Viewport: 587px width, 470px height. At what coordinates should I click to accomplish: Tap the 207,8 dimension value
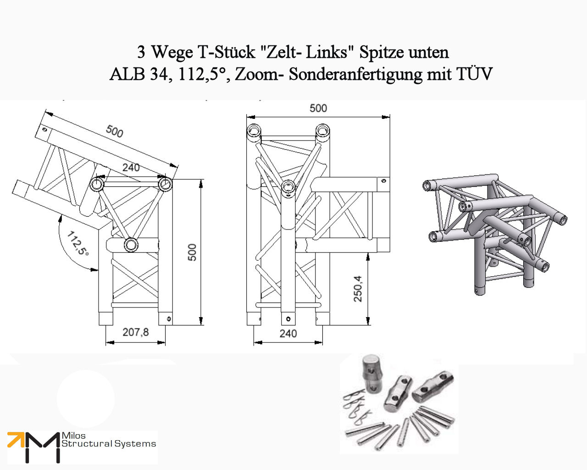point(135,331)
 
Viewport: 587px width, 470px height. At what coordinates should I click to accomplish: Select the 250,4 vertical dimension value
point(358,289)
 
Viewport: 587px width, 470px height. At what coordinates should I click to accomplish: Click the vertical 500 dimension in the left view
point(192,252)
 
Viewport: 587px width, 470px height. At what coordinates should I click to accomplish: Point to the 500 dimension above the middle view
point(318,108)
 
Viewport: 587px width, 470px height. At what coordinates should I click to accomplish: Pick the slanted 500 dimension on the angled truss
point(114,131)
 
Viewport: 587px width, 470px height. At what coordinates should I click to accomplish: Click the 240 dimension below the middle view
point(288,334)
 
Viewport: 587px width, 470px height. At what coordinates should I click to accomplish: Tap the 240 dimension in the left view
point(131,168)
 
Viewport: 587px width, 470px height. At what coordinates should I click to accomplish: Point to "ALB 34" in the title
point(138,74)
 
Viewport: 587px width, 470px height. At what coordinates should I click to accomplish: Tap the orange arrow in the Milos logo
point(16,440)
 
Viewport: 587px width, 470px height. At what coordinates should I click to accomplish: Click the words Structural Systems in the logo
point(109,444)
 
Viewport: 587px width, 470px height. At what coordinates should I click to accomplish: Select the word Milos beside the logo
point(73,436)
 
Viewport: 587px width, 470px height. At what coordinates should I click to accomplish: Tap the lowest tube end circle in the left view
point(131,245)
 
